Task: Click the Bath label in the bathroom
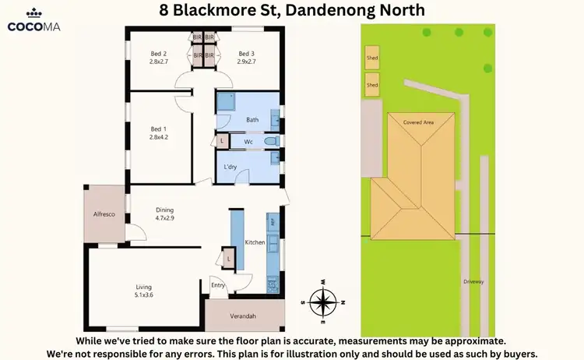(x=252, y=120)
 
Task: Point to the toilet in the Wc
(x=271, y=141)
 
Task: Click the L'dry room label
(x=230, y=168)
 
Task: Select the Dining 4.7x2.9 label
(x=164, y=214)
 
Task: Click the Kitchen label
(x=255, y=243)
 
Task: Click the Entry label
(x=218, y=285)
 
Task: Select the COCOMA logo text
(x=34, y=26)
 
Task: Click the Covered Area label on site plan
(x=418, y=122)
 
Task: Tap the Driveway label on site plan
(x=473, y=282)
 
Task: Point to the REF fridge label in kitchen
(x=273, y=221)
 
